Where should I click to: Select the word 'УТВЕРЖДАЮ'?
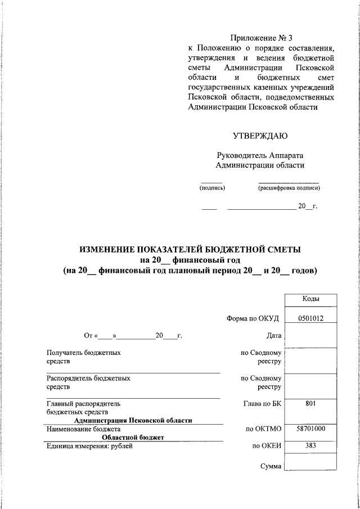260,135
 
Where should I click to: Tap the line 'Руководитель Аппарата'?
260,155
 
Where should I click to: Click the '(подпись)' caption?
212,188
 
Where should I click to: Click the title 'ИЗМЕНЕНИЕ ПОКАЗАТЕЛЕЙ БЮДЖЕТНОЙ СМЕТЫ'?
190,249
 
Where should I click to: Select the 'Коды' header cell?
310,299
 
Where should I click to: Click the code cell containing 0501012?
310,318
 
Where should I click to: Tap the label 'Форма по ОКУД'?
253,318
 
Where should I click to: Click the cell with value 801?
310,403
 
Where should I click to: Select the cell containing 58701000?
310,429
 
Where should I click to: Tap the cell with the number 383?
310,446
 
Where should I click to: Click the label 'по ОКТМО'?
263,429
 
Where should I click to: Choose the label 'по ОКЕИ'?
267,447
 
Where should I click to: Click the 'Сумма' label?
270,466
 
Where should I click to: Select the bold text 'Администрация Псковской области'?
133,420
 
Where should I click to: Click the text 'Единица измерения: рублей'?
89,446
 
